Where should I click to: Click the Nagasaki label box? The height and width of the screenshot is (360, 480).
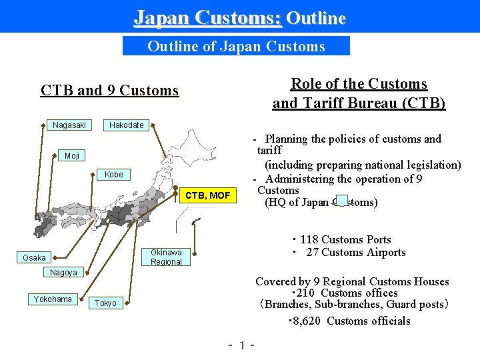coord(69,125)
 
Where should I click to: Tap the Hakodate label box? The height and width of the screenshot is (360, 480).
coord(127,125)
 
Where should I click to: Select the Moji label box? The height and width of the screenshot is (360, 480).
coord(72,156)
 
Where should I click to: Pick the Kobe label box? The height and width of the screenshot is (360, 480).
coord(114,175)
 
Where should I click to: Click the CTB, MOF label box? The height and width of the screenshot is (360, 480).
coord(208,195)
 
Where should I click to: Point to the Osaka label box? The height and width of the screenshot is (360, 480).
coord(34,258)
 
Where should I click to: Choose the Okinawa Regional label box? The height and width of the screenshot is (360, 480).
coord(166,257)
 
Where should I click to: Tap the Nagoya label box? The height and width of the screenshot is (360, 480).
coord(63,273)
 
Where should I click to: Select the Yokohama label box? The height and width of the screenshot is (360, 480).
coord(53,299)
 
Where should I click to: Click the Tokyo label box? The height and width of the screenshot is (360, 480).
coord(105,303)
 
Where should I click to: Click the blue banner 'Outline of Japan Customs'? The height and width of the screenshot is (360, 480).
coord(236,46)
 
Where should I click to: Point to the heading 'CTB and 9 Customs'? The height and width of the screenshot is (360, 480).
coord(109,90)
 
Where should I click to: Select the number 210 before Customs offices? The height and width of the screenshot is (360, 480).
coord(305,293)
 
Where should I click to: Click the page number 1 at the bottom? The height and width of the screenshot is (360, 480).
coord(243,346)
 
